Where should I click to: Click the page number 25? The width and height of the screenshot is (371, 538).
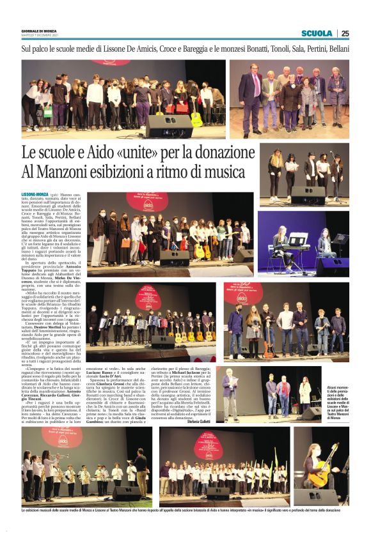(x=345, y=33)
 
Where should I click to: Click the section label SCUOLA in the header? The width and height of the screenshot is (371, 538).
(x=317, y=33)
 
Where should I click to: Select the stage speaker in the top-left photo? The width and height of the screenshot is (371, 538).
(x=168, y=127)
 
